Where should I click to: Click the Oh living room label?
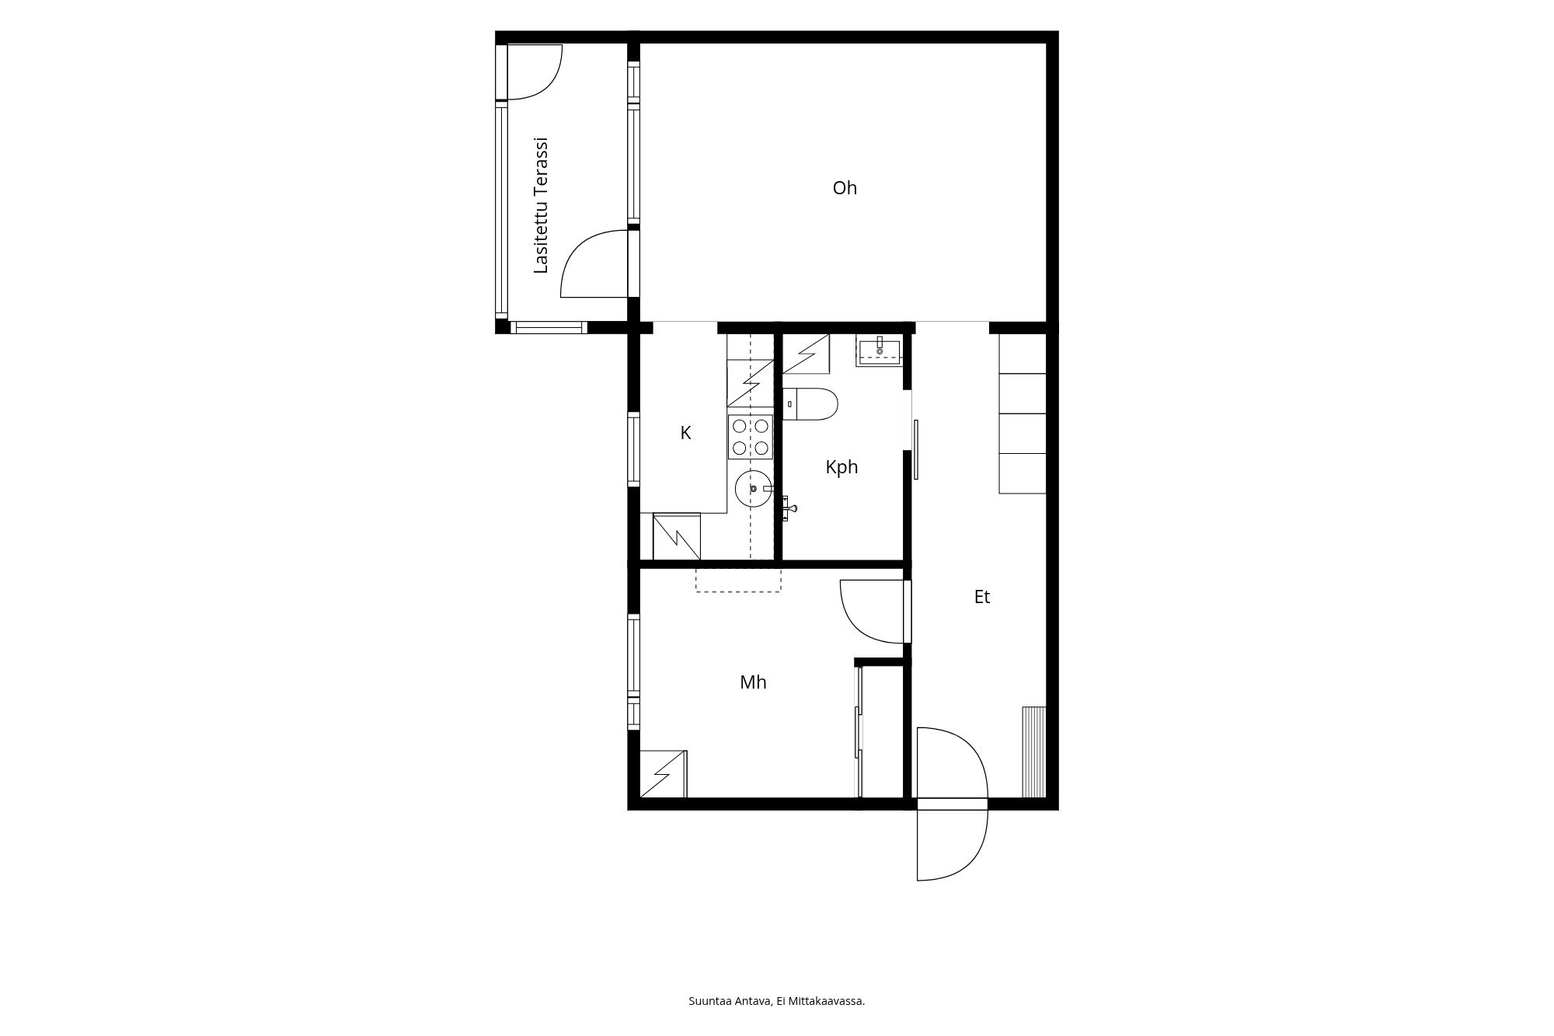(845, 188)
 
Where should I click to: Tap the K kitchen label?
(685, 433)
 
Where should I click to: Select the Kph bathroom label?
(841, 467)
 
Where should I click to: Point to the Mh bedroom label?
(753, 682)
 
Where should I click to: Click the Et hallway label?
(982, 597)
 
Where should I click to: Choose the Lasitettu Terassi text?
(542, 206)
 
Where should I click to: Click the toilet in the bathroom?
(810, 404)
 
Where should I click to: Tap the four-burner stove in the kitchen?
(751, 437)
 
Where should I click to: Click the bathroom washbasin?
(880, 351)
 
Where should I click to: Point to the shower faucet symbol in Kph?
(789, 508)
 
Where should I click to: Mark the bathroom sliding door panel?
(916, 450)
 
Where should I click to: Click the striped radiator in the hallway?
(1034, 752)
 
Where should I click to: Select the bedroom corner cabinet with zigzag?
(664, 774)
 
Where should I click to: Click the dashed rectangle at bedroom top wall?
(738, 581)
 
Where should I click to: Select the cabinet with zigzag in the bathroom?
(806, 354)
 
